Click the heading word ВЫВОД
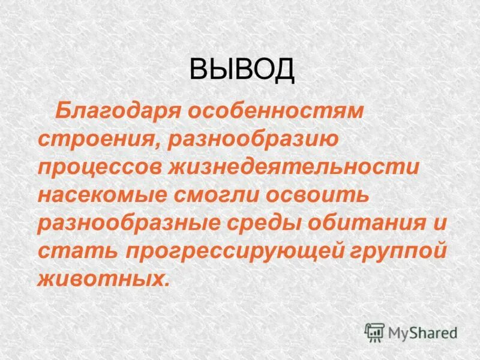click(242, 70)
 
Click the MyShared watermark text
click(422, 331)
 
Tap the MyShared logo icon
click(374, 331)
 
